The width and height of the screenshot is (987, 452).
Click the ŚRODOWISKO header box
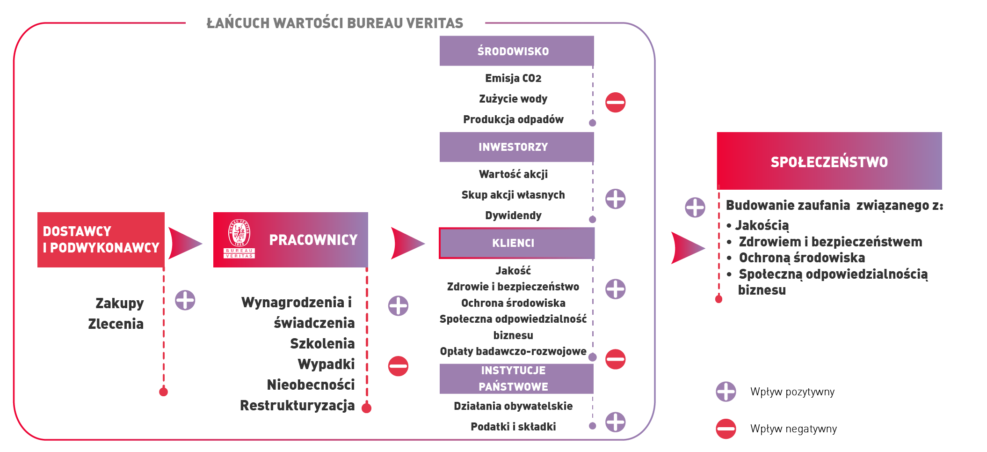pyautogui.click(x=516, y=51)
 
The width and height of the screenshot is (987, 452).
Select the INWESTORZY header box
pyautogui.click(x=516, y=147)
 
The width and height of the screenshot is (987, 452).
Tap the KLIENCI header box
pyautogui.click(x=516, y=243)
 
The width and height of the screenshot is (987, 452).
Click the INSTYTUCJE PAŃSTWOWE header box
pyautogui.click(x=516, y=378)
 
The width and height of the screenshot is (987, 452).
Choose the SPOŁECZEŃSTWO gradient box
pyautogui.click(x=829, y=161)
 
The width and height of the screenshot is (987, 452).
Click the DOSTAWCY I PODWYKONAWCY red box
pyautogui.click(x=101, y=240)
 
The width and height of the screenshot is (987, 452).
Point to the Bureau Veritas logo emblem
pyautogui.click(x=239, y=238)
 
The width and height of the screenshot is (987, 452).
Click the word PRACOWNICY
pyautogui.click(x=313, y=240)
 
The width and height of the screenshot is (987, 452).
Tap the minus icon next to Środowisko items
pyautogui.click(x=615, y=102)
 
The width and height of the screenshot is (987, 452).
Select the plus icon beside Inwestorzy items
pyautogui.click(x=615, y=199)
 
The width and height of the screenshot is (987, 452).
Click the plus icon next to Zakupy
pyautogui.click(x=185, y=300)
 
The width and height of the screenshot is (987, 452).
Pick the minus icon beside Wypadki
pyautogui.click(x=398, y=366)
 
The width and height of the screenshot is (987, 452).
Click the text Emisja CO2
pyautogui.click(x=513, y=78)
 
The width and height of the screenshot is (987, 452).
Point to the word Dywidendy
pyautogui.click(x=513, y=215)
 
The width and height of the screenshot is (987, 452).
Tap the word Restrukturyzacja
pyautogui.click(x=297, y=405)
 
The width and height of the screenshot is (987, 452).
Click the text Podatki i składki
pyautogui.click(x=513, y=427)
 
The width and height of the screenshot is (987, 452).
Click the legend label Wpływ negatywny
pyautogui.click(x=793, y=429)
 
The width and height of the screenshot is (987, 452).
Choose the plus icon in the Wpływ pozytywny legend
pyautogui.click(x=726, y=392)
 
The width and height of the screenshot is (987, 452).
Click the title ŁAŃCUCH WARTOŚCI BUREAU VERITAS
pyautogui.click(x=334, y=23)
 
